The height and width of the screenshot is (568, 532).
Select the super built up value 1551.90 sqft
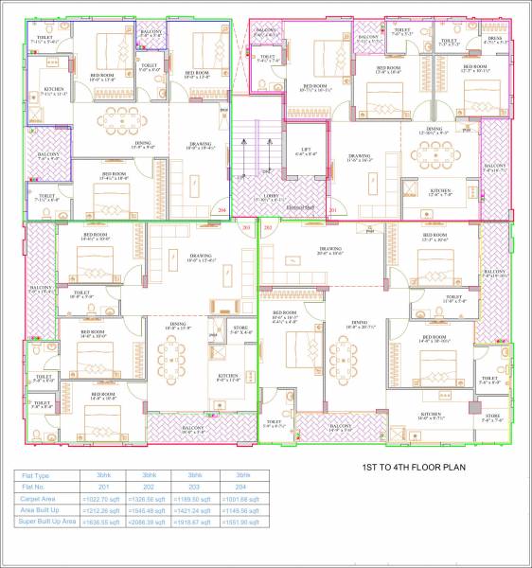click(240, 522)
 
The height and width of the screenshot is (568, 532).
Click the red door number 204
click(222, 209)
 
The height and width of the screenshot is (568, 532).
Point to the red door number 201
click(332, 209)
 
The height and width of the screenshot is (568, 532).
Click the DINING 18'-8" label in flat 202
click(178, 327)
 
